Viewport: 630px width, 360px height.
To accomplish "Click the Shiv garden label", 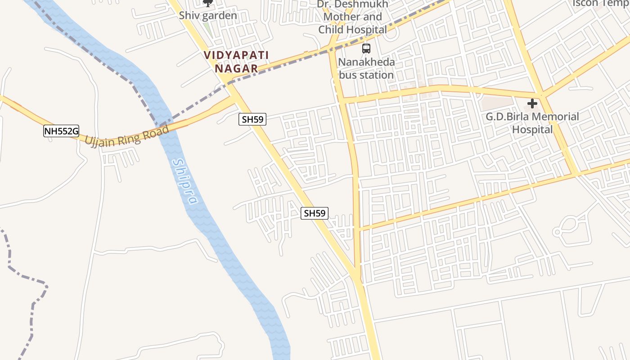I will [208, 15].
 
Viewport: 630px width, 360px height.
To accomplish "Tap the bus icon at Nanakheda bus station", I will [366, 49].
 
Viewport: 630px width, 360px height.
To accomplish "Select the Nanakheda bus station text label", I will [366, 68].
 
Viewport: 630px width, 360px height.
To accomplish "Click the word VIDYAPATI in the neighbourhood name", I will [236, 55].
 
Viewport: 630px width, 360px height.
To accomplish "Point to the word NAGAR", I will [236, 69].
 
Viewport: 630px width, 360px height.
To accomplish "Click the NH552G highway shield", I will [61, 131].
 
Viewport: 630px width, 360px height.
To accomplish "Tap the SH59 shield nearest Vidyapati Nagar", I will [253, 119].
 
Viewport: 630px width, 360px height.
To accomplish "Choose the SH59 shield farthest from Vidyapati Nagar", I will [315, 213].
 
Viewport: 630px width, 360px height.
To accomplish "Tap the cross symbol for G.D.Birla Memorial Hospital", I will [532, 104].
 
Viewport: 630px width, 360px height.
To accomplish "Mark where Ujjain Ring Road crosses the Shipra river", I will [165, 126].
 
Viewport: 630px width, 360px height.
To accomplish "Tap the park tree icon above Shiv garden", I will [207, 3].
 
